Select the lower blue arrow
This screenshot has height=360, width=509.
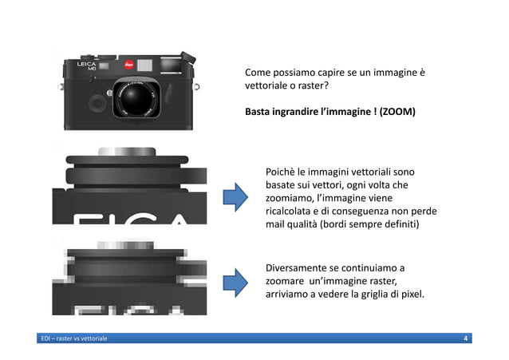point(234,282)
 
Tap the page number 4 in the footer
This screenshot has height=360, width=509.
point(465,340)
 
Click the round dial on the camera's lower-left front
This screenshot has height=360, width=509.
point(95,101)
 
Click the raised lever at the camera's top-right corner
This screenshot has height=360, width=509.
point(186,57)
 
